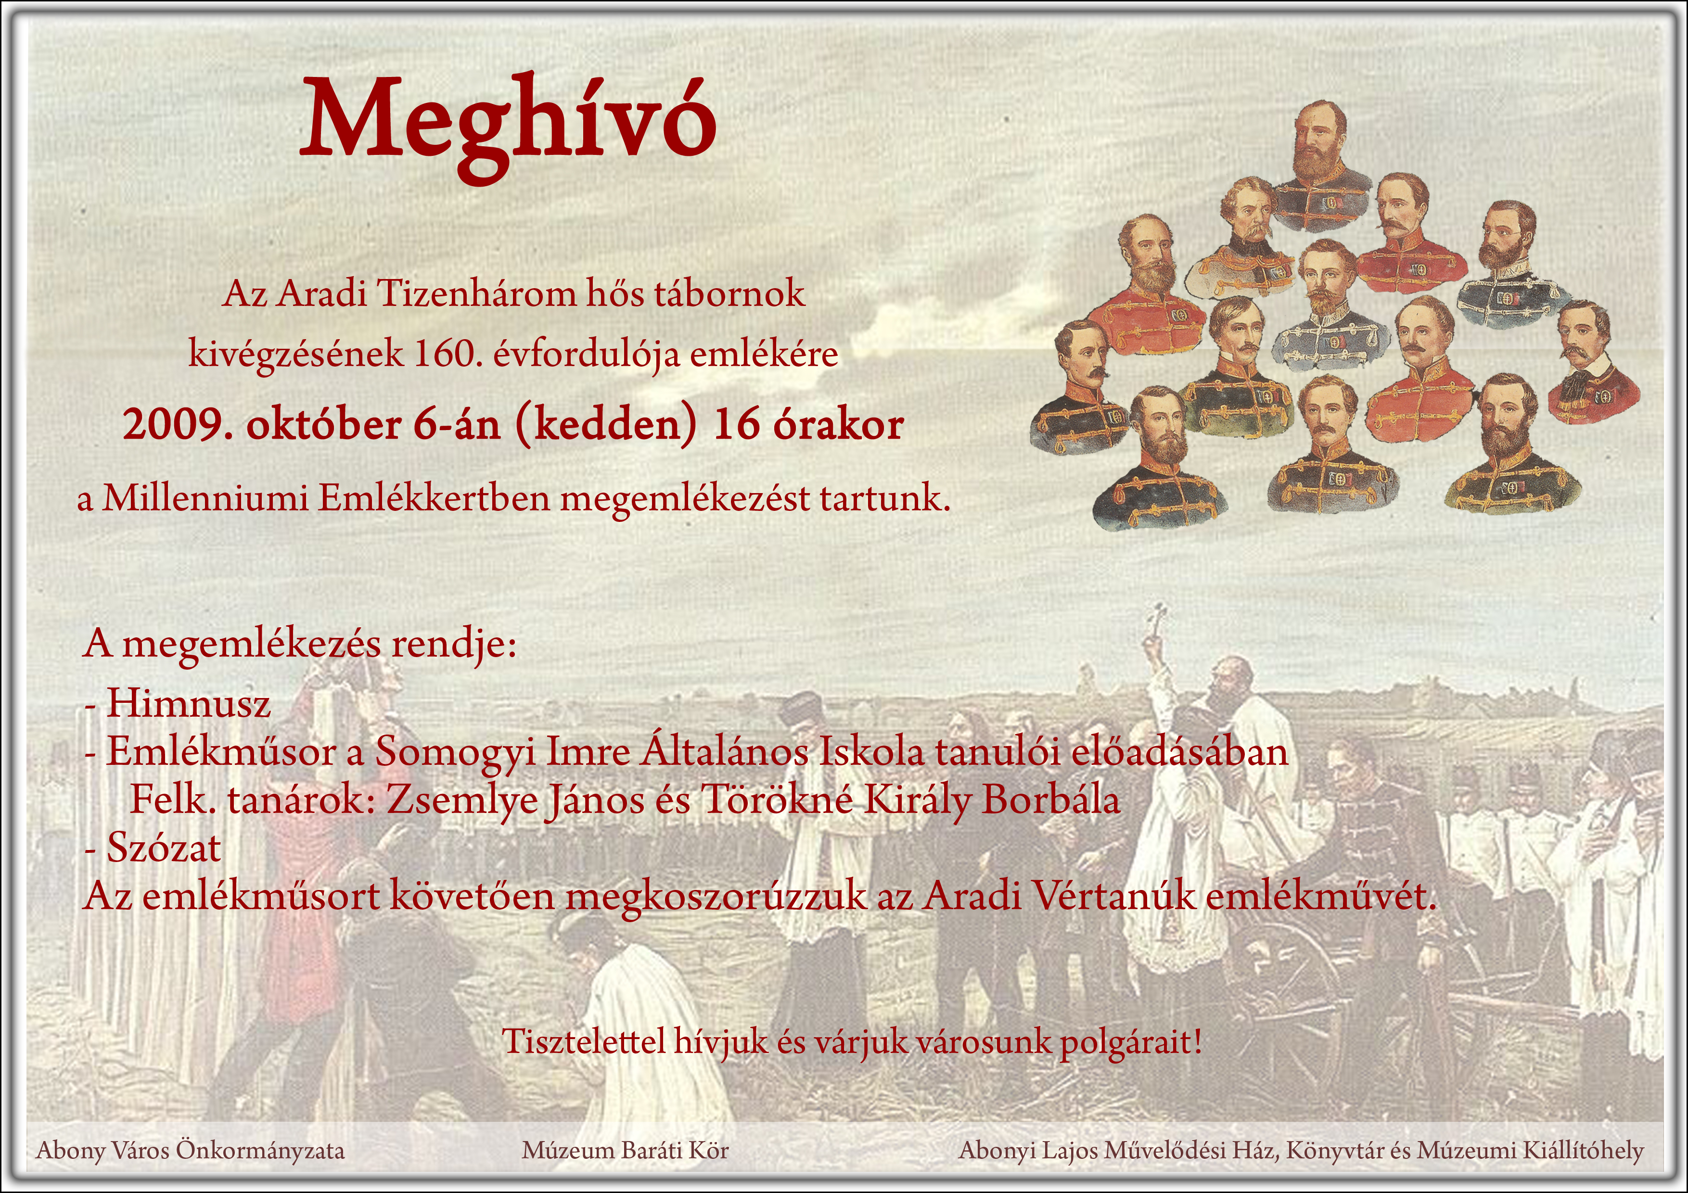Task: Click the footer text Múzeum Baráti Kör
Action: (625, 1150)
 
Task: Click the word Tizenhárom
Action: (476, 295)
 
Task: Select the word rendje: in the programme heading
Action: (454, 646)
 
